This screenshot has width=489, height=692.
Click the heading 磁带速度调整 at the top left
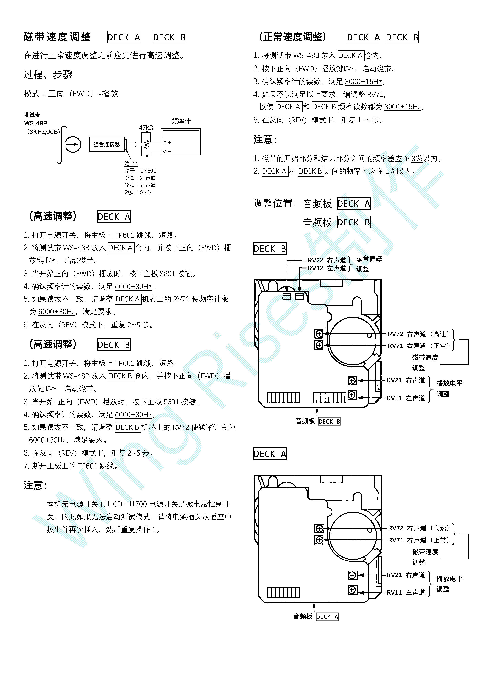[57, 37]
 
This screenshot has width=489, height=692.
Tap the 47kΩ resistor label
[146, 128]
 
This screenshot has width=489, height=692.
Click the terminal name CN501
[148, 171]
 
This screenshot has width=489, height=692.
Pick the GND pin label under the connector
[145, 192]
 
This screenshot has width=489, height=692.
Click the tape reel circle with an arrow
[73, 144]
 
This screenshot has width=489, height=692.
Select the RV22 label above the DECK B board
[316, 260]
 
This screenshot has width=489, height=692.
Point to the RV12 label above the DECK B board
[316, 268]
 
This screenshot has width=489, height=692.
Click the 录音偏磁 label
[369, 259]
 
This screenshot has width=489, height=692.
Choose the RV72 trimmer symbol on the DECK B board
[319, 334]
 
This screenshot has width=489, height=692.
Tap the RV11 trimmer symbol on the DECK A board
[352, 590]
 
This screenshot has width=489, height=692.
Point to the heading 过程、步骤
[48, 74]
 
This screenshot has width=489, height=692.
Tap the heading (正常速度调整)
[293, 37]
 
